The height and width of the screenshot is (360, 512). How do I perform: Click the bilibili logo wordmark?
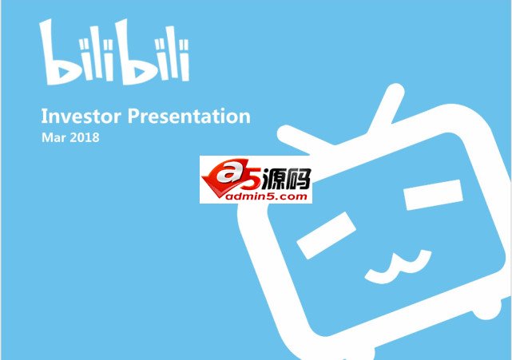click(114, 53)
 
